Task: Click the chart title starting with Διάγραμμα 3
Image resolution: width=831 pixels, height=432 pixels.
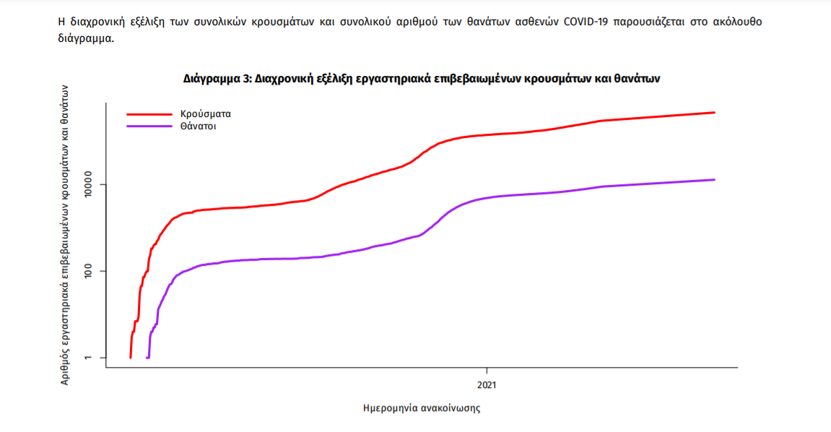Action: point(422,78)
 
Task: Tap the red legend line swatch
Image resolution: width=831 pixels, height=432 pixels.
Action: point(148,113)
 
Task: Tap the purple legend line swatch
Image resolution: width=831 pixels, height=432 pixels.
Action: point(148,126)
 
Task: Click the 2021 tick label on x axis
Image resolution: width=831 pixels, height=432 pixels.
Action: point(487,385)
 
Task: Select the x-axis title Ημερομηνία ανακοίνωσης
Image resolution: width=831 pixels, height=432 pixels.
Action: point(422,408)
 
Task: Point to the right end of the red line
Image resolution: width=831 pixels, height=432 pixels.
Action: point(714,113)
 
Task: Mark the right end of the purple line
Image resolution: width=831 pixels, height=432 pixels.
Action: point(714,180)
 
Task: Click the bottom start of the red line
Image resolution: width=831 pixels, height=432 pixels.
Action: point(131,357)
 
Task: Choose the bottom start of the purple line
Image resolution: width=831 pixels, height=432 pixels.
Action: point(147,357)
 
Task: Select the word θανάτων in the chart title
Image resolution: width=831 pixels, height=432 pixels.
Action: point(637,78)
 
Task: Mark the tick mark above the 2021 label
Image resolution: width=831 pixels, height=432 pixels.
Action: point(487,371)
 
